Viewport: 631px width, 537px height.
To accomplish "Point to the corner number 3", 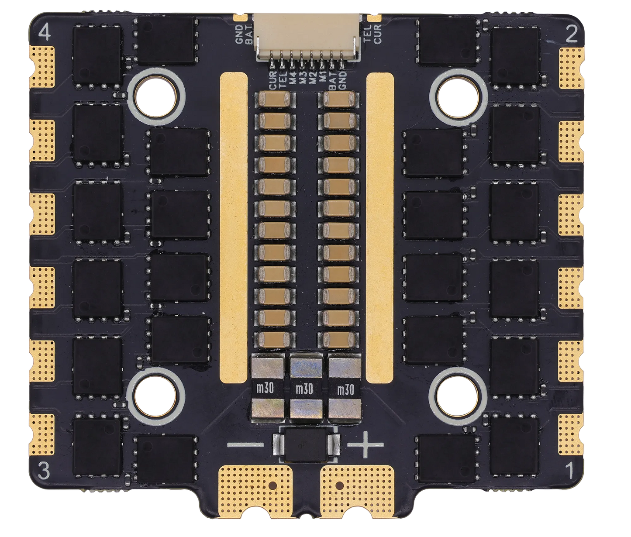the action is point(45,472).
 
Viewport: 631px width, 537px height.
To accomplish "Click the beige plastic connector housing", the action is point(309,37).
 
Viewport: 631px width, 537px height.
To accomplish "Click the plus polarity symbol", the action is point(365,444).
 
